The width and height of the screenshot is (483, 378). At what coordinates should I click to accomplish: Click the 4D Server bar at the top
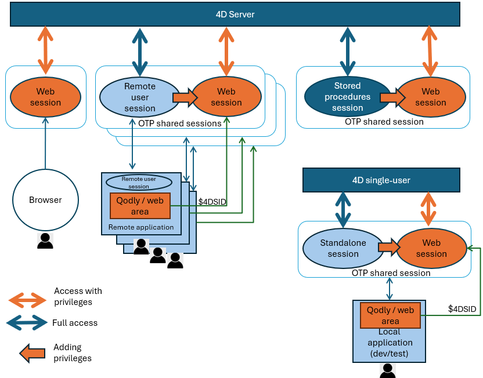(x=235, y=14)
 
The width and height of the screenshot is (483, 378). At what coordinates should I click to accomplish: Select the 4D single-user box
(x=381, y=180)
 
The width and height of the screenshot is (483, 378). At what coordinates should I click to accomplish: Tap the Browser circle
(x=45, y=200)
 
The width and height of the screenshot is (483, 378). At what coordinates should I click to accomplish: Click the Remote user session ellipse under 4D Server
(x=139, y=97)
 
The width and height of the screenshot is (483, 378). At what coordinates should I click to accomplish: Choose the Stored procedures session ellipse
(x=347, y=97)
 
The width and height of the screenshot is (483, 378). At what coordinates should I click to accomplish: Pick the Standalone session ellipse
(x=343, y=249)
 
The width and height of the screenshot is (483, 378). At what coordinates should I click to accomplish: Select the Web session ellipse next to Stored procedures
(x=430, y=97)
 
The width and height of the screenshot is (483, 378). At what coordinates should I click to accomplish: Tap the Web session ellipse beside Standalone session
(x=431, y=249)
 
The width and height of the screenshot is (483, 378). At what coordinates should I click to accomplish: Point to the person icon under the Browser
(x=45, y=241)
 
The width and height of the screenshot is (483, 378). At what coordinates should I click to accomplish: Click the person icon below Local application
(x=387, y=371)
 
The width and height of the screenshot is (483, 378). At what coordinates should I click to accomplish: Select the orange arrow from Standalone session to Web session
(x=389, y=246)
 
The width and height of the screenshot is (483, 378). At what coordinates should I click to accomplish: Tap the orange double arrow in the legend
(x=27, y=300)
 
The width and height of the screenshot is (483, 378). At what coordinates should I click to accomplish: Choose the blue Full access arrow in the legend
(x=27, y=322)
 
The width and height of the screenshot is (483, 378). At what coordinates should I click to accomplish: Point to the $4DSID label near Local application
(x=462, y=310)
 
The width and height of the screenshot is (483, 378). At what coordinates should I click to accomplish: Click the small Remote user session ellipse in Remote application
(x=139, y=183)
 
